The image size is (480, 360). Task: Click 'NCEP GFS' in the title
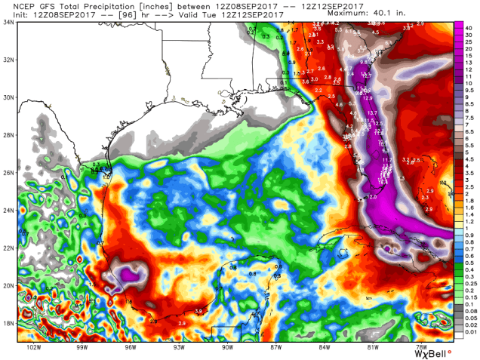[24, 4]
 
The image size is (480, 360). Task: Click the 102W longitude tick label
[32, 349]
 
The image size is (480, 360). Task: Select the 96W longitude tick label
[129, 349]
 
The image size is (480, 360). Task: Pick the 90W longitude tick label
[226, 349]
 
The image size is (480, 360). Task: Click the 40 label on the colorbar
[470, 26]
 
